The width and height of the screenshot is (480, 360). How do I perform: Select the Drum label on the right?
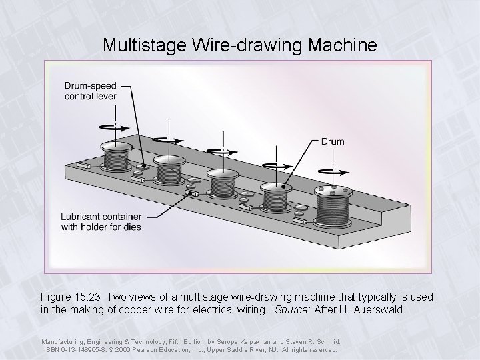click(x=333, y=141)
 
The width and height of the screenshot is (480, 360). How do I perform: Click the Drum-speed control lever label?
click(x=90, y=91)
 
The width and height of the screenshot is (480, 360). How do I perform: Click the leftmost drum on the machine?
click(x=118, y=157)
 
